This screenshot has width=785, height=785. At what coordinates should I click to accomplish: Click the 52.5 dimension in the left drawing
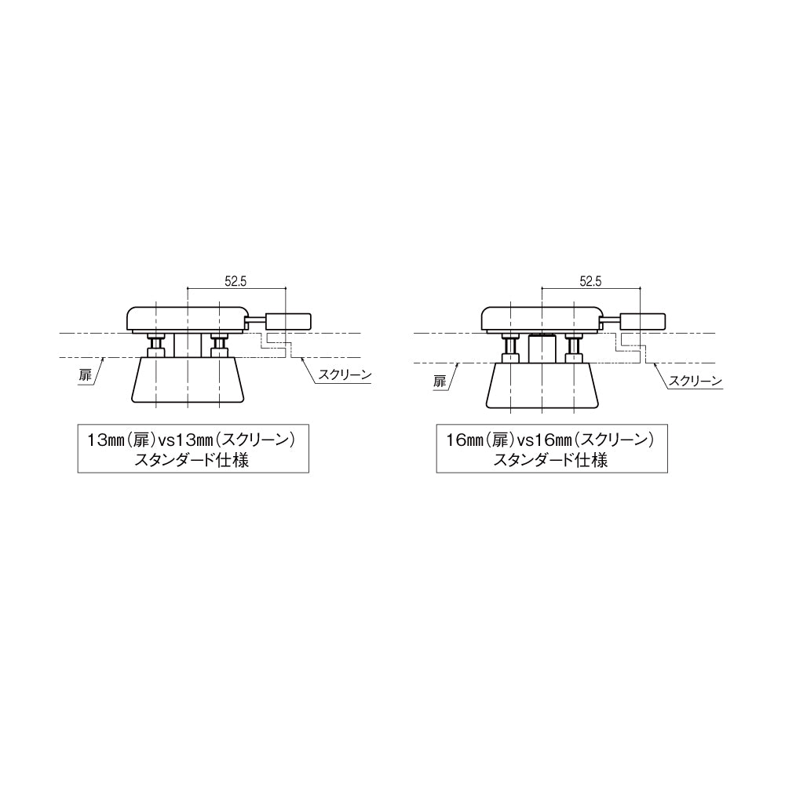click(235, 281)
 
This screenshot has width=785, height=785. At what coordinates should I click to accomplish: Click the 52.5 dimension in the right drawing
click(590, 281)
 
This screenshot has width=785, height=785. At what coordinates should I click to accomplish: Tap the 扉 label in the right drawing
click(440, 382)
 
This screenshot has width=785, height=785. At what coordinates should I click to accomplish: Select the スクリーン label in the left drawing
click(345, 374)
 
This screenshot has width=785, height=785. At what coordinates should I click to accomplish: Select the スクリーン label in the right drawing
click(696, 381)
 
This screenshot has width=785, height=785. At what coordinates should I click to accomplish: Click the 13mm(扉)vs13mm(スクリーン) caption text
click(192, 440)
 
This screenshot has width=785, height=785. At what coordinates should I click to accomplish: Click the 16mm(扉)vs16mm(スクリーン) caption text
click(551, 440)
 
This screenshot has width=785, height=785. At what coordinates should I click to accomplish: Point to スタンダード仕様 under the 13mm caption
click(192, 460)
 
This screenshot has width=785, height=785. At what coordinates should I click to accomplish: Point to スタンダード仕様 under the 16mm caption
click(551, 460)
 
